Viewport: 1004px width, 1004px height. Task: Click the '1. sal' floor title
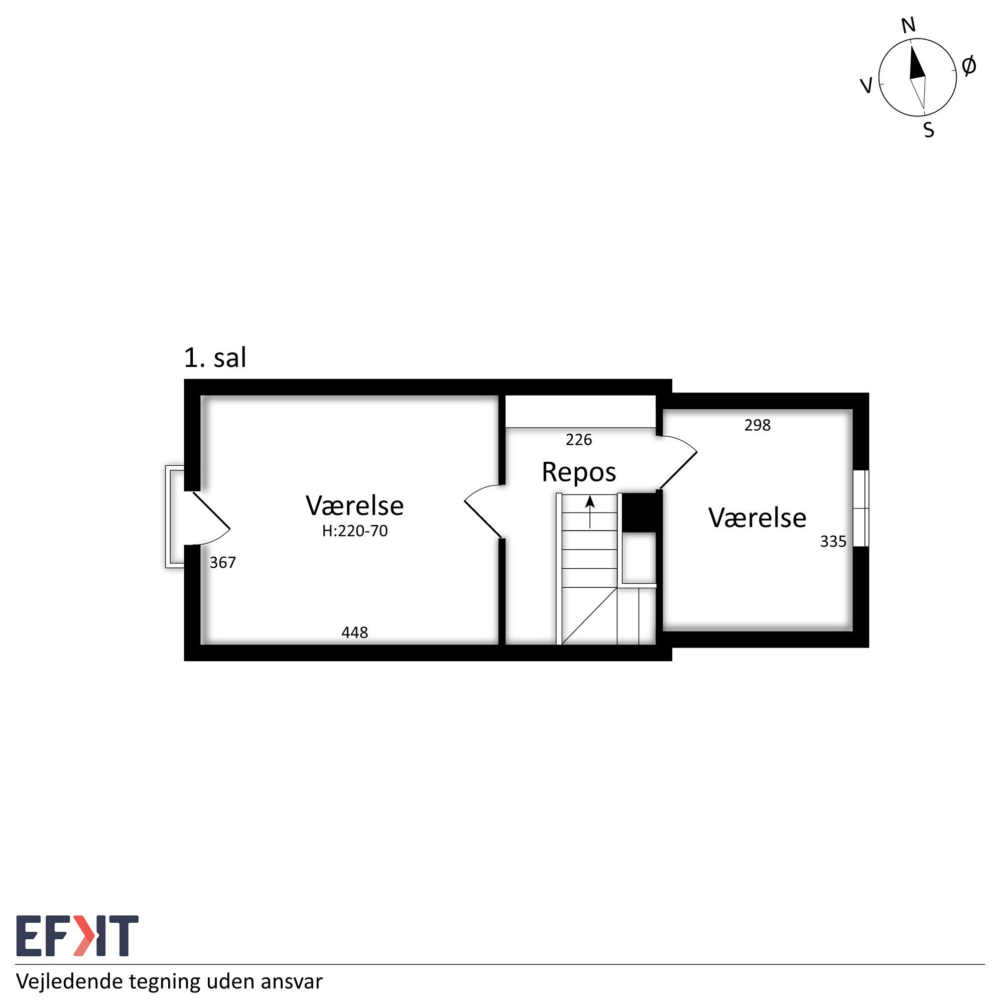click(215, 358)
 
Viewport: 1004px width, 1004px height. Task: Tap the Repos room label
click(579, 472)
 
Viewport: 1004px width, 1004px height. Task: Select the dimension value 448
click(354, 633)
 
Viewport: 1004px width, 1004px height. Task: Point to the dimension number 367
click(222, 562)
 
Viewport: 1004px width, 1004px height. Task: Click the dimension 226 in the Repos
click(579, 440)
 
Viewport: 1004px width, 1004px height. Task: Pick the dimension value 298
click(757, 425)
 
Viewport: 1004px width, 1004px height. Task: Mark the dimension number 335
click(833, 542)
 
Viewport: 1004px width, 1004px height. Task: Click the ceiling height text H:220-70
click(355, 531)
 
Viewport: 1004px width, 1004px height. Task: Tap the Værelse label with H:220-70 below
click(355, 506)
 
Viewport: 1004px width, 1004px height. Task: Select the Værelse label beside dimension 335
click(757, 518)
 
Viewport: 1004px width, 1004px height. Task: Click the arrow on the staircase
click(590, 512)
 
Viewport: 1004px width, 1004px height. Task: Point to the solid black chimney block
click(640, 513)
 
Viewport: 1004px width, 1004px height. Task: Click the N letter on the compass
click(909, 25)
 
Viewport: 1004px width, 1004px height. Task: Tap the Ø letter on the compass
click(969, 66)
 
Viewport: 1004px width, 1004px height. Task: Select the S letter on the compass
click(929, 130)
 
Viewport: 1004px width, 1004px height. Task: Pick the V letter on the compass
click(866, 85)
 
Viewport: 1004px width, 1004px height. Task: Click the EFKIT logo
click(77, 936)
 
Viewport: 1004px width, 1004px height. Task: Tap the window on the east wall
click(860, 508)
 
